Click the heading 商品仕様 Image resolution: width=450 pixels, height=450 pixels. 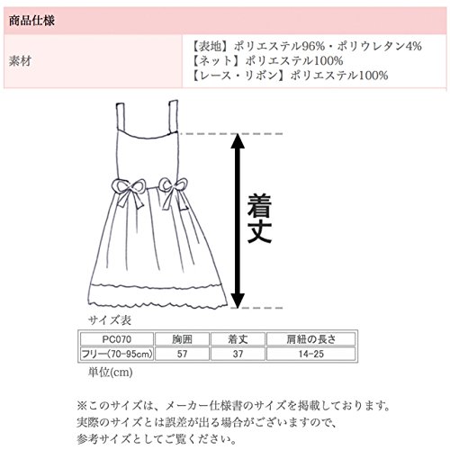point(31,21)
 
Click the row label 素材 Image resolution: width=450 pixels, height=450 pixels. point(20,61)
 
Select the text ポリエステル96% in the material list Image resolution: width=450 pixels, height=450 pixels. point(279,46)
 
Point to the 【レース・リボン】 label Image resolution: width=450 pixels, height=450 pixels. point(239,75)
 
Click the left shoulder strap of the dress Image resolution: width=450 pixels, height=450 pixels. point(121,116)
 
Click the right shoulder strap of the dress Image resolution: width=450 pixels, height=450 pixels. point(174,116)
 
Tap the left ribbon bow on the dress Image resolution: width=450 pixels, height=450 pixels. point(129,192)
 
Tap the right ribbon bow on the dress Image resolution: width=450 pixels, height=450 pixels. point(175,192)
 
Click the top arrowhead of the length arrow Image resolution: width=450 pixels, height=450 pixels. point(238,140)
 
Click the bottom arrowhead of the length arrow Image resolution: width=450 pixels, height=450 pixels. point(238,301)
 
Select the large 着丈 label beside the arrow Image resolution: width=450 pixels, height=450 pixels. point(260,219)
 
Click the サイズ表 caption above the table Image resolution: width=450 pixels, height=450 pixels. point(110,320)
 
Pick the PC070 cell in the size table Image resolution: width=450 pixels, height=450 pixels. point(117,339)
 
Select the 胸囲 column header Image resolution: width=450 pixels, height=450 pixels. point(182,339)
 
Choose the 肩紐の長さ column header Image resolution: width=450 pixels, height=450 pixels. point(311,339)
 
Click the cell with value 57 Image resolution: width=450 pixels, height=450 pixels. point(182,354)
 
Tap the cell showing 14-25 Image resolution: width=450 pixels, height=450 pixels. point(311,354)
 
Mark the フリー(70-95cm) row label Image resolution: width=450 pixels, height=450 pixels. point(117,354)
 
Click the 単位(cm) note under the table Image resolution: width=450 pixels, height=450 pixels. point(110,373)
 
